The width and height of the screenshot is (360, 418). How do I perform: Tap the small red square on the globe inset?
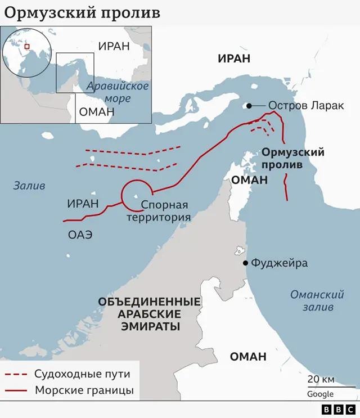click(26, 47)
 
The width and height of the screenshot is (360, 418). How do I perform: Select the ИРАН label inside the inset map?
click(114, 46)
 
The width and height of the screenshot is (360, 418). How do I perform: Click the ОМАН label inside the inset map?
click(97, 112)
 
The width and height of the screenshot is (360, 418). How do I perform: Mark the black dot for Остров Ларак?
click(248, 105)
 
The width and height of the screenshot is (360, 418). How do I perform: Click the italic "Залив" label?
click(29, 186)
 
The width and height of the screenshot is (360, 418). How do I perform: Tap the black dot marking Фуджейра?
click(245, 263)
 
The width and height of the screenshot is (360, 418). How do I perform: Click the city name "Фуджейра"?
click(279, 263)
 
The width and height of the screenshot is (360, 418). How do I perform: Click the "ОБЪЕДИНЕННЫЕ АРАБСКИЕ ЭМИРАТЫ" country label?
click(148, 313)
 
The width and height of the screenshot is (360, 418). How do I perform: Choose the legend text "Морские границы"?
click(84, 390)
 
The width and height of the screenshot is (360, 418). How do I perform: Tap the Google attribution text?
click(320, 394)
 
